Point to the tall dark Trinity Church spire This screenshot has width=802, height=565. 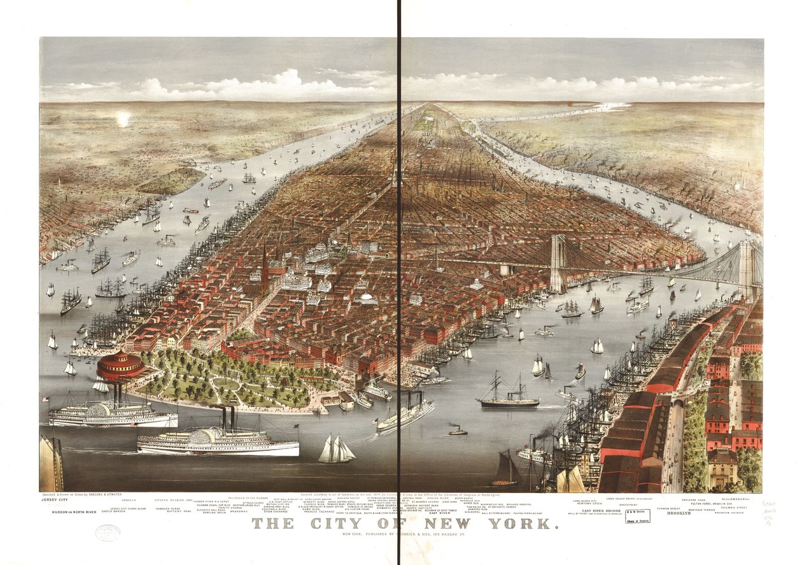[x=265, y=268]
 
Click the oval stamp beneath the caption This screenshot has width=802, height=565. [x=108, y=533]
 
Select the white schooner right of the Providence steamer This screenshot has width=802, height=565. [x=335, y=449]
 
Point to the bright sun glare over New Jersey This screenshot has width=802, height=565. [x=122, y=118]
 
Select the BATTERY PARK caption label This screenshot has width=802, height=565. [x=179, y=511]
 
